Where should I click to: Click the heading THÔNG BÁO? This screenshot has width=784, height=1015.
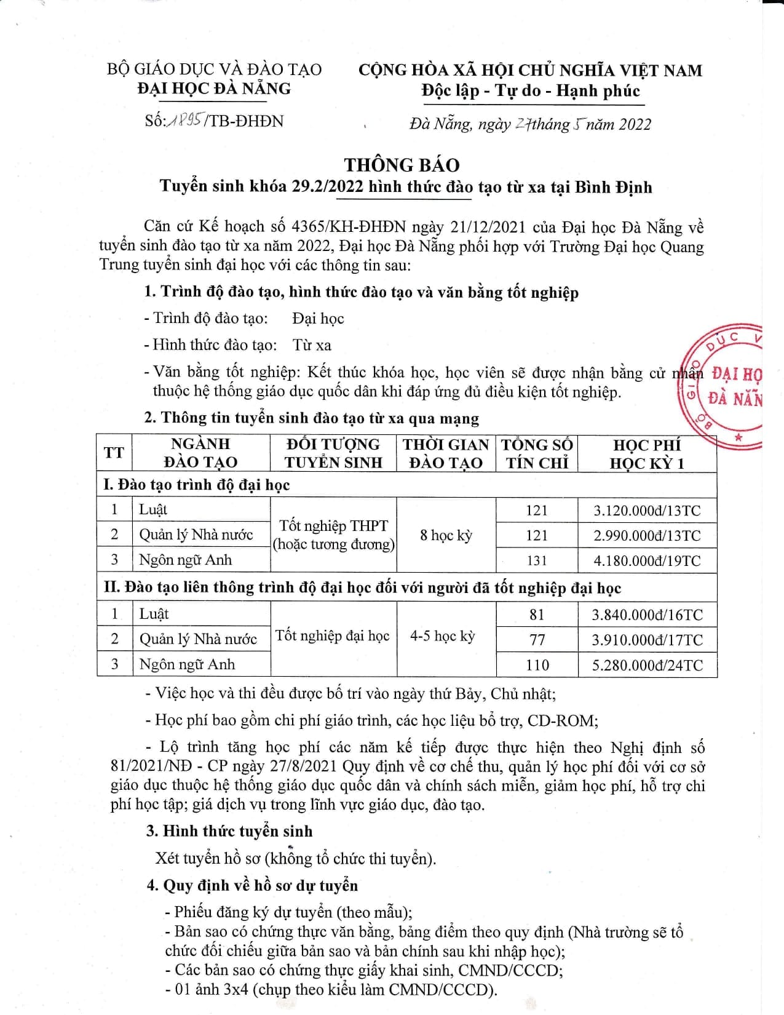click(402, 165)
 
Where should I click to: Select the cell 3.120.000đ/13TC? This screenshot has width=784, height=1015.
click(647, 510)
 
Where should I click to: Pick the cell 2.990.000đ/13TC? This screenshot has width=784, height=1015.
click(647, 535)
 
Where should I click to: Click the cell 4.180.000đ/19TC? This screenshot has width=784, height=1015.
click(647, 560)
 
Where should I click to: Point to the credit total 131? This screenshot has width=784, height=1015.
click(536, 560)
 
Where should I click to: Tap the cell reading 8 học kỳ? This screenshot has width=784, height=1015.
click(446, 535)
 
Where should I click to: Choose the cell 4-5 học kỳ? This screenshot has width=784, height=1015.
click(443, 636)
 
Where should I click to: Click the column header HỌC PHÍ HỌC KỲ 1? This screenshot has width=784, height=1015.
click(647, 453)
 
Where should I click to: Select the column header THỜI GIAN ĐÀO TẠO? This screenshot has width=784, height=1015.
click(446, 453)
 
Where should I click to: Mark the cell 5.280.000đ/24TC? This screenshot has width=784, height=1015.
click(647, 665)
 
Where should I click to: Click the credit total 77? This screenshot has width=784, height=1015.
click(537, 640)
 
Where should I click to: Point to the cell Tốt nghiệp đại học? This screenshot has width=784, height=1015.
click(333, 636)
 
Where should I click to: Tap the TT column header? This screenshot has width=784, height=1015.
click(114, 453)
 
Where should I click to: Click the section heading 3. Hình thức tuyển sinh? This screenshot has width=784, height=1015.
click(229, 831)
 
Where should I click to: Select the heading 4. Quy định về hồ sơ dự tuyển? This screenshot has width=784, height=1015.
click(252, 885)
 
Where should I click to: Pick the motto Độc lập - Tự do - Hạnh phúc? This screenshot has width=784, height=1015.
click(531, 91)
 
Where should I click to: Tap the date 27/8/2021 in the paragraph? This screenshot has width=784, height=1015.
click(305, 766)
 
